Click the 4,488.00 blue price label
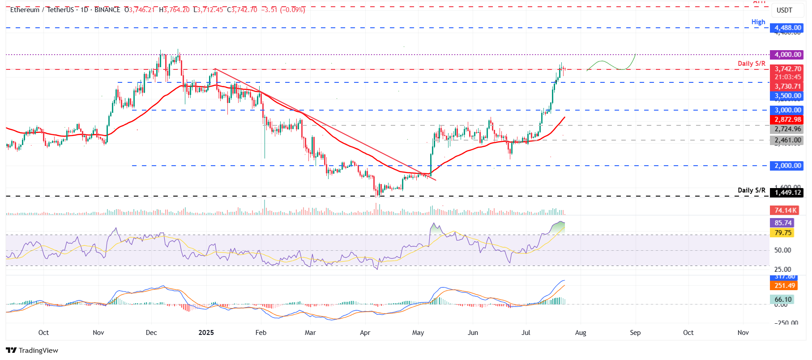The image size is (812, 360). coord(787,28)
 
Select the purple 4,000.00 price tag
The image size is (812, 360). coord(787,55)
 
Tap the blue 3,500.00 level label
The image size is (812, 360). coord(787,96)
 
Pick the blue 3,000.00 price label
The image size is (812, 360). coord(787,110)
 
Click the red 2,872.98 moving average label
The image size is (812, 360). coord(787,120)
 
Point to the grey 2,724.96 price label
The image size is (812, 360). coord(787,129)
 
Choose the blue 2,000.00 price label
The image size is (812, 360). coord(787,166)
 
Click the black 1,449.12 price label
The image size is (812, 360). coord(787,193)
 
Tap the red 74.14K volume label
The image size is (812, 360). coord(785,210)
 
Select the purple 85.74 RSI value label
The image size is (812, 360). coord(783,223)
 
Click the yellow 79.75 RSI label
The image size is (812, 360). coord(783,233)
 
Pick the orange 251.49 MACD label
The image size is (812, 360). coord(785,286)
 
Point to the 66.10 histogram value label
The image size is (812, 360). coord(783,300)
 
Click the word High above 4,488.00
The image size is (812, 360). coord(758,22)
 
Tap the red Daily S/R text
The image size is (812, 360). coord(751,64)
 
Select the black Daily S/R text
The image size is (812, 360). coord(751,190)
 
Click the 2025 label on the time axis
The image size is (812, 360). coord(206,333)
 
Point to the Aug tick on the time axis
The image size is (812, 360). coord(581,333)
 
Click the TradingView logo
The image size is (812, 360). coord(32,350)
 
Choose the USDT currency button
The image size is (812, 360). coord(784,10)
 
